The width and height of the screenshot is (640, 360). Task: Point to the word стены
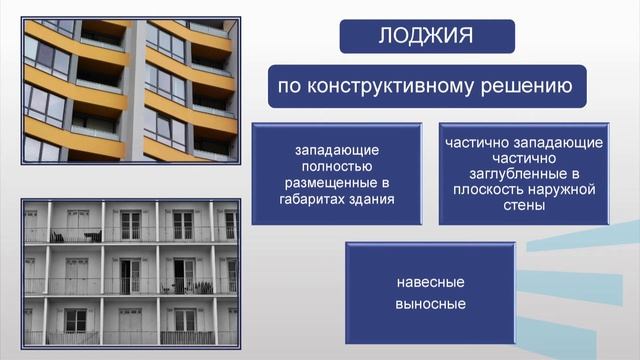point(525,207)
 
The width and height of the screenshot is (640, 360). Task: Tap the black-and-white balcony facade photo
point(130,271)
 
